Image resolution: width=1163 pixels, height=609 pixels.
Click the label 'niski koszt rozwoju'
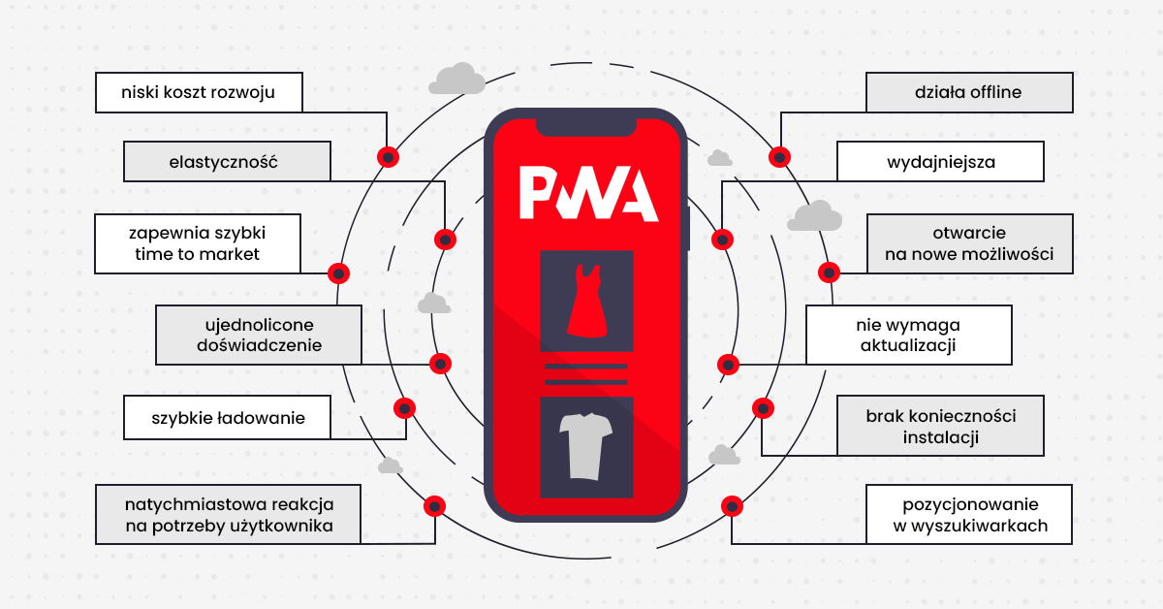(199, 94)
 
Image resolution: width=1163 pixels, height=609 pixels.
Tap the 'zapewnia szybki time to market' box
(198, 243)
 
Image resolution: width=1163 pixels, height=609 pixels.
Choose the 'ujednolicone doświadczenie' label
(259, 335)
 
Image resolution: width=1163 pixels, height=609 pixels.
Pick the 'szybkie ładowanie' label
(228, 419)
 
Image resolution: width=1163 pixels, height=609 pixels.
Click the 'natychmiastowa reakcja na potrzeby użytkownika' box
(228, 515)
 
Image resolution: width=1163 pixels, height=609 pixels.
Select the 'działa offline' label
(968, 93)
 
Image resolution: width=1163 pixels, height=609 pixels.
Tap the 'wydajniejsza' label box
(940, 162)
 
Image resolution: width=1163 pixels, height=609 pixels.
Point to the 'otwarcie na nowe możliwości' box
(969, 243)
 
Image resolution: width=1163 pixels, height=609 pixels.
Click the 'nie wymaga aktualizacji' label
(909, 336)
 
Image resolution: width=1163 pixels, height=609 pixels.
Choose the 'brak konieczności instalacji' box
(940, 426)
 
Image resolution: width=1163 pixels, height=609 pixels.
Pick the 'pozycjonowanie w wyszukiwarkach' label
(969, 515)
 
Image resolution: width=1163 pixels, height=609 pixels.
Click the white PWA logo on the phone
(588, 194)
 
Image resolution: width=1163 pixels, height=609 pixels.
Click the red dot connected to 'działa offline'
(779, 157)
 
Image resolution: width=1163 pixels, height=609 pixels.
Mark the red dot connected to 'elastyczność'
(445, 239)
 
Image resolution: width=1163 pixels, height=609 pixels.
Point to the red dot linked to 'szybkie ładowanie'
(405, 407)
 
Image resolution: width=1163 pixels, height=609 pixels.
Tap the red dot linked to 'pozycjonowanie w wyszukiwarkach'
(732, 505)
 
